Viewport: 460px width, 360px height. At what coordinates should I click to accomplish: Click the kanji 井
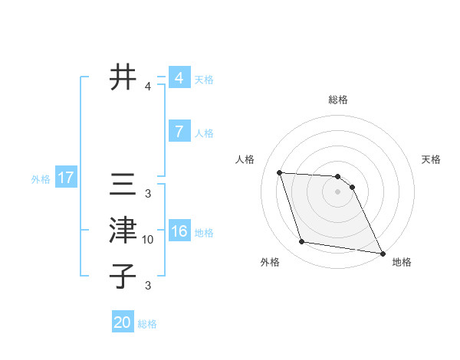pos(123,77)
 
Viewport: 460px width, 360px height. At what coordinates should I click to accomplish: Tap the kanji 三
pos(123,185)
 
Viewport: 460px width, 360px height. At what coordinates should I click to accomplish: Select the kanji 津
pos(123,231)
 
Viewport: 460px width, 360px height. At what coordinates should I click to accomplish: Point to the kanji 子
pos(123,277)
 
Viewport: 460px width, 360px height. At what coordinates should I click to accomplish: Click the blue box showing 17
pos(66,178)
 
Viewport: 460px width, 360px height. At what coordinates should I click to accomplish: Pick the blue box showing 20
pos(123,322)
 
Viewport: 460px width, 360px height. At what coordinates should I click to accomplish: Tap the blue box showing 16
pos(179,231)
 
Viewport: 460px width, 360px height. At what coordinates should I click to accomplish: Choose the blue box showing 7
pos(179,132)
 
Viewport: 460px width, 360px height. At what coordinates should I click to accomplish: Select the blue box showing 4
pos(179,78)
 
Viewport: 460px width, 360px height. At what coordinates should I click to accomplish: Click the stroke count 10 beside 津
pos(148,240)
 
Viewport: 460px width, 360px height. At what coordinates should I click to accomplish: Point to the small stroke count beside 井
pos(148,87)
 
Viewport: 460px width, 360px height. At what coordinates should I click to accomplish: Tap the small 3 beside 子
pos(148,286)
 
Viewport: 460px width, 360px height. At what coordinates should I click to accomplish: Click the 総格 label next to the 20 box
pos(147,324)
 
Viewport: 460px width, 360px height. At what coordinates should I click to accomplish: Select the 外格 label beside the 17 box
pos(41,179)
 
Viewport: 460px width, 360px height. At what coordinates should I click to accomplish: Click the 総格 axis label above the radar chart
pos(338,100)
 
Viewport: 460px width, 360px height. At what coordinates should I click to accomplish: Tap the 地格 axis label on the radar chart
pos(402,262)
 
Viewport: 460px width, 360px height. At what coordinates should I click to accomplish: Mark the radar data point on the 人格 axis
pos(280,172)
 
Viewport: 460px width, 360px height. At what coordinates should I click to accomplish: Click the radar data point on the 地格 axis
pos(382,253)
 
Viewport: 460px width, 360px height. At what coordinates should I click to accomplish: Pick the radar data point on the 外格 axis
pos(302,242)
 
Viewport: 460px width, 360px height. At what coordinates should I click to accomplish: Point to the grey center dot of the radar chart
pos(338,191)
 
